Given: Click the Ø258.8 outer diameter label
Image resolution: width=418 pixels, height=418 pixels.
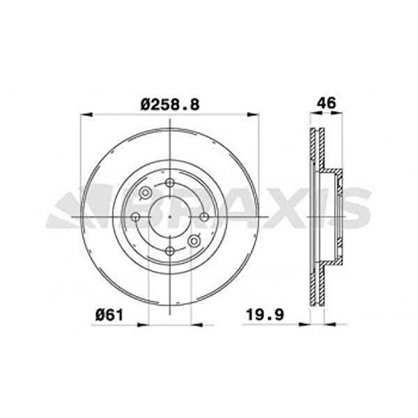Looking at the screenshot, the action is pos(170,104).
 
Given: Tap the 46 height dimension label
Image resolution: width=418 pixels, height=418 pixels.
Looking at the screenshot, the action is pos(327,103).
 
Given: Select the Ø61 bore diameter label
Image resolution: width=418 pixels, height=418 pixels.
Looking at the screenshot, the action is pos(109,315).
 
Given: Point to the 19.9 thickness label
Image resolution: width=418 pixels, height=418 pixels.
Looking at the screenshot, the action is pos(265,315).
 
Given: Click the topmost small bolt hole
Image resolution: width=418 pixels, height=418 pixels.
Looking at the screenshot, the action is pos(170,183).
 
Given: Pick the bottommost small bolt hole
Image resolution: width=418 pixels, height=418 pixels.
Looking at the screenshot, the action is pos(170,251).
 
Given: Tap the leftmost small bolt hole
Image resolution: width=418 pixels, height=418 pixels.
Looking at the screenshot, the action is pos(136,217).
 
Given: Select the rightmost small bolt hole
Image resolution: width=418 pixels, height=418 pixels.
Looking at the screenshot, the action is pos(204,217).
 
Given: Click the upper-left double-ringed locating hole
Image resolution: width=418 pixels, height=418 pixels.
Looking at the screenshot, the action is pos(146,192).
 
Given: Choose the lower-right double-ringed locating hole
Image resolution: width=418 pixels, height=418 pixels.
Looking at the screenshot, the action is pos(194,241).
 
